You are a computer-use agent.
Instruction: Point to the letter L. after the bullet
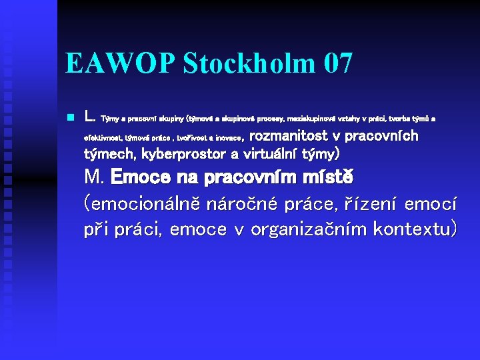(90, 117)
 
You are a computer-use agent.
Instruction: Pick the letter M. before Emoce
(94, 179)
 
